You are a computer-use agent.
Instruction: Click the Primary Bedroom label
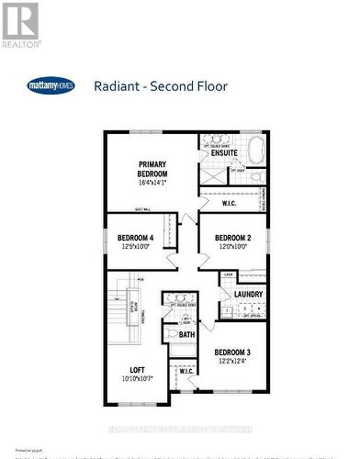[152, 168]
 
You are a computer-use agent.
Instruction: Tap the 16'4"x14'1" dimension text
[152, 183]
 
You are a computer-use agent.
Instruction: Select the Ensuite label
[225, 154]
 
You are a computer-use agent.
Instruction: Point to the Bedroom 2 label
[233, 238]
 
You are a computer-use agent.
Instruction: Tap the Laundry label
[249, 295]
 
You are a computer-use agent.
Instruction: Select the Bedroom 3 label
[233, 352]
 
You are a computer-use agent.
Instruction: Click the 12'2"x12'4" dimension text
[233, 362]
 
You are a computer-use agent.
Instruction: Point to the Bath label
[186, 334]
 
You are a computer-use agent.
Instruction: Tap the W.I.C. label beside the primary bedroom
[230, 203]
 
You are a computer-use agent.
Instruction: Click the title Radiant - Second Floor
[161, 87]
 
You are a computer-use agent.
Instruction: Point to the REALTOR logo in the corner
[20, 25]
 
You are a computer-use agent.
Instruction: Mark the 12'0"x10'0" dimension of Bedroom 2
[233, 247]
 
